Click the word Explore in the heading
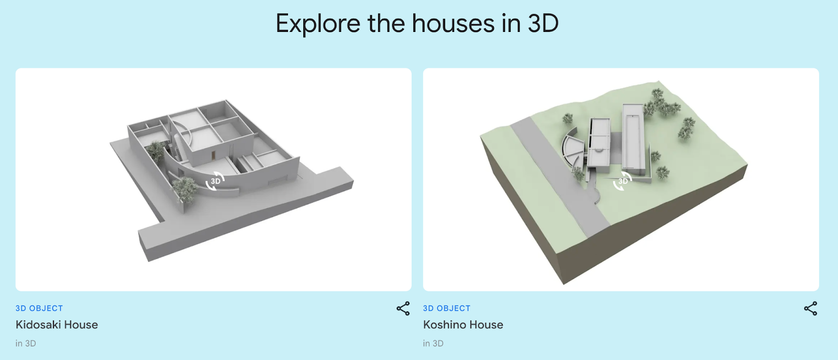point(318,24)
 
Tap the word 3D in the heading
point(543,23)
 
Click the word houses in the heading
point(453,23)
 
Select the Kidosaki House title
point(57,324)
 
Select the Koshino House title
point(463,324)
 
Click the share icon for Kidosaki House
point(403,308)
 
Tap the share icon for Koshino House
point(810,308)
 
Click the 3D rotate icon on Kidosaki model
point(215,181)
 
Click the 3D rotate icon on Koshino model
point(623,181)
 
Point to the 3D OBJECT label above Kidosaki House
point(39,308)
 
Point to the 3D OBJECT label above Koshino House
point(447,308)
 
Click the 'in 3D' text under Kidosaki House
point(26,343)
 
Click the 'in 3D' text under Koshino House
point(433,343)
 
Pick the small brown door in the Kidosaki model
point(213,155)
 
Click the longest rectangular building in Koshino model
point(633,137)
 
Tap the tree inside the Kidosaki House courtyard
point(155,151)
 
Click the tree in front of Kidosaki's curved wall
point(184,189)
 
